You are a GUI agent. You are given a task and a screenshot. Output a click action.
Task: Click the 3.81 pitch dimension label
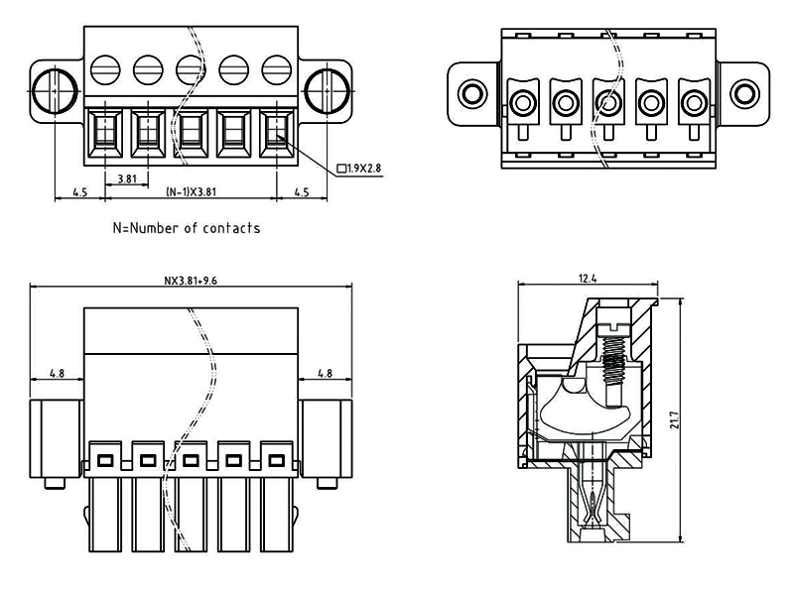(x=127, y=178)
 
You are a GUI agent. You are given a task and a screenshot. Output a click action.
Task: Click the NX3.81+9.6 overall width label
(x=191, y=281)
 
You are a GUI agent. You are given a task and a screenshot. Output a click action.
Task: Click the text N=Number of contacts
(x=187, y=228)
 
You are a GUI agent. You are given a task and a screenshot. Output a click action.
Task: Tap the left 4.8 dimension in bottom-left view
(x=58, y=374)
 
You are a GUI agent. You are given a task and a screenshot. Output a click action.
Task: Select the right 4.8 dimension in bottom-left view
(x=325, y=374)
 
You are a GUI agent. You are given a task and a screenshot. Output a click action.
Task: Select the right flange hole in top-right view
(x=742, y=94)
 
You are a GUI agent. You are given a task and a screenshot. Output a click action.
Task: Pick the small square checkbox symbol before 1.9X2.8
(x=341, y=169)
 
